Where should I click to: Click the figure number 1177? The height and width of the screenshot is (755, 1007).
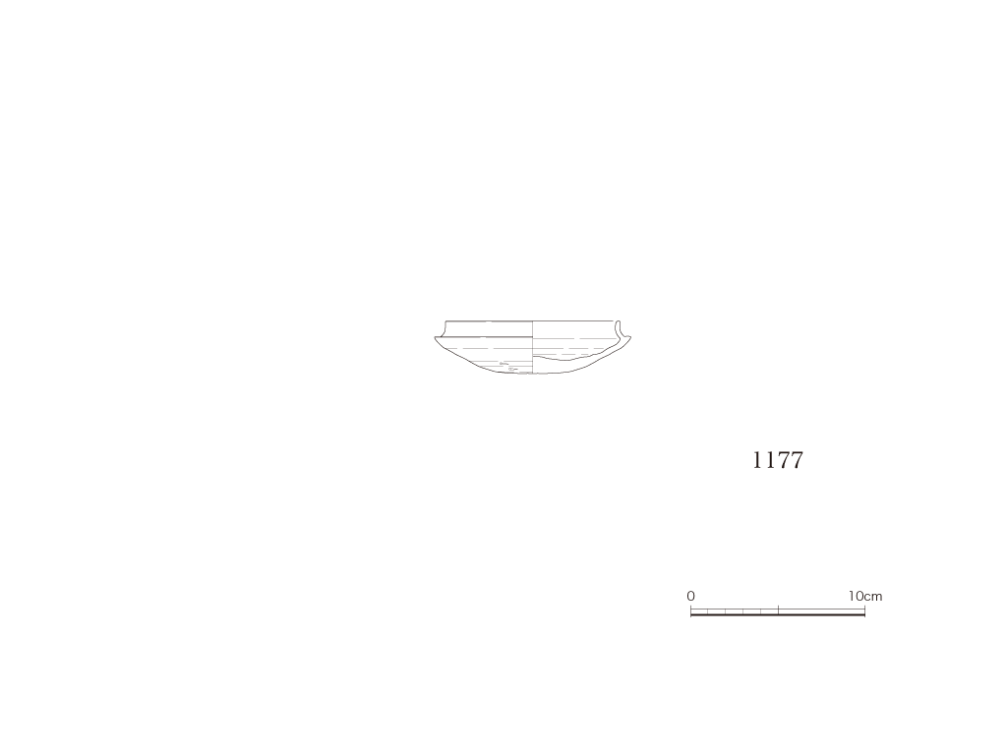(777, 460)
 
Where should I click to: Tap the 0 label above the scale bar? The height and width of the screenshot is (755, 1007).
(690, 596)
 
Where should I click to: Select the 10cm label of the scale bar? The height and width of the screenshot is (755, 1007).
(865, 596)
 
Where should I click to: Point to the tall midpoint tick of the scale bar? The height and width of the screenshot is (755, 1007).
(779, 610)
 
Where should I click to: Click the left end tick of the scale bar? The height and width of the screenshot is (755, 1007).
(691, 610)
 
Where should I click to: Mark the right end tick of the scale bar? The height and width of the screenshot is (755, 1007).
(865, 610)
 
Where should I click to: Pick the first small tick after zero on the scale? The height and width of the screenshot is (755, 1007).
(708, 611)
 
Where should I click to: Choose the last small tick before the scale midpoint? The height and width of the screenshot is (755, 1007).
(761, 611)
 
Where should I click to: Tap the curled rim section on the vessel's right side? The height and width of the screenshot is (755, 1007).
(620, 330)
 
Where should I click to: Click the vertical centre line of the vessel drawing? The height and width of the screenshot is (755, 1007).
(533, 347)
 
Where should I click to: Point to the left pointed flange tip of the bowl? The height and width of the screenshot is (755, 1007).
(436, 338)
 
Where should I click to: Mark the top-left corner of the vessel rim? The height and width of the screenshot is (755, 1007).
(446, 320)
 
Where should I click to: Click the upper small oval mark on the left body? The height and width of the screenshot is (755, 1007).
(503, 364)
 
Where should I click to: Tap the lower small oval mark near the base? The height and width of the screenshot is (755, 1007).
(512, 370)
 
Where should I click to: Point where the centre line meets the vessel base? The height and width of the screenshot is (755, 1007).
(533, 374)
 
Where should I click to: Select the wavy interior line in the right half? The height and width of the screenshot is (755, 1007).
(571, 357)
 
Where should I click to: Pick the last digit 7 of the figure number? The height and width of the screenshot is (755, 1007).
(797, 460)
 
